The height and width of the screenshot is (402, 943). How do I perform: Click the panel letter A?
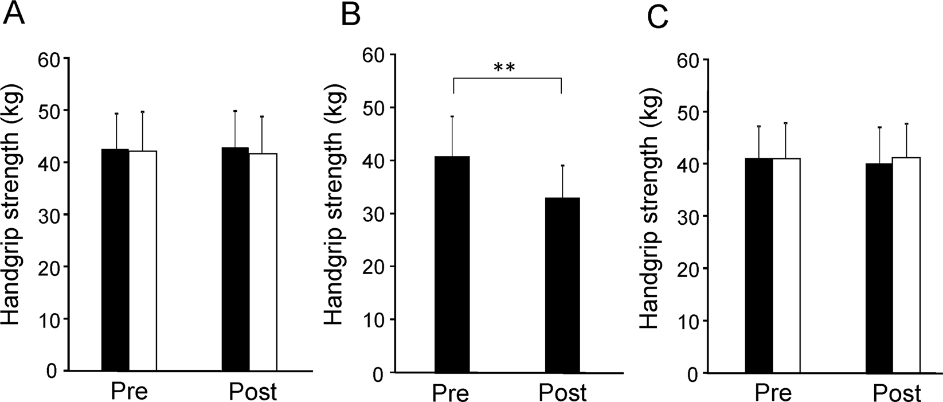pyautogui.click(x=14, y=14)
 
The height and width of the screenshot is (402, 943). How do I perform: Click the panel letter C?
pyautogui.click(x=658, y=18)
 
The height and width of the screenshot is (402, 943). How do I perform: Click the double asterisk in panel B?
pyautogui.click(x=505, y=68)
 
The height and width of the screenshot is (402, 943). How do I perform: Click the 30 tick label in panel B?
pyautogui.click(x=372, y=213)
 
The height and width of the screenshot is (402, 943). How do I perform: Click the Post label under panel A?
pyautogui.click(x=252, y=392)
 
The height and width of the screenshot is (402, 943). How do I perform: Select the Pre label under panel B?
pyautogui.click(x=450, y=393)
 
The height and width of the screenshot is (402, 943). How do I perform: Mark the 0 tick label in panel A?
pyautogui.click(x=52, y=371)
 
